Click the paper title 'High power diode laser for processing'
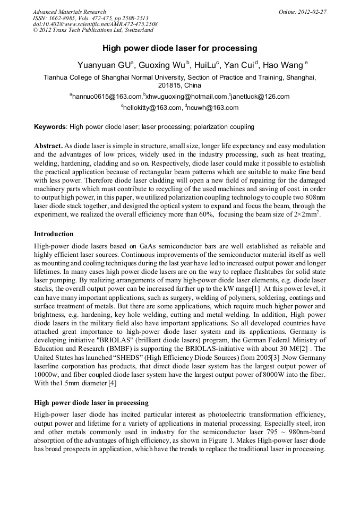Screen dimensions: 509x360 click(179, 48)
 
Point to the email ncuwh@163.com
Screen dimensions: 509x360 click(212, 108)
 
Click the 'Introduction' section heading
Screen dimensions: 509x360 click(54, 234)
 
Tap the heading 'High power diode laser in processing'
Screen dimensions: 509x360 click(91, 402)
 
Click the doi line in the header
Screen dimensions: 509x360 click(95, 24)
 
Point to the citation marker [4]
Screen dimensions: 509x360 click(112, 383)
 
